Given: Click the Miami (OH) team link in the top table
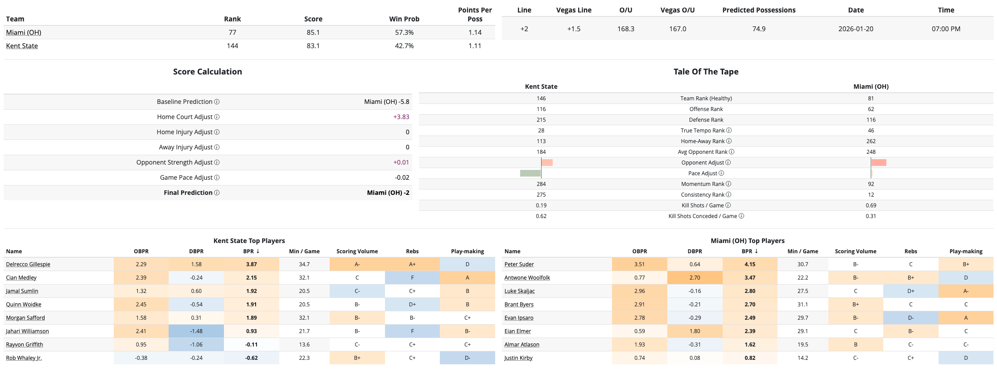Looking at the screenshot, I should [24, 33].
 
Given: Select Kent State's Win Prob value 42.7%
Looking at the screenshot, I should [404, 46].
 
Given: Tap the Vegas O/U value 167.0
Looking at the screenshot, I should [677, 29].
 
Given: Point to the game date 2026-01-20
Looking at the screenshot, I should [856, 29].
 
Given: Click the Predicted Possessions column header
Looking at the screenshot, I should [759, 10].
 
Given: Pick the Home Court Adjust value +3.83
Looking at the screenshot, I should [401, 117].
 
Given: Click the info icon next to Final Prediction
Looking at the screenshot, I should [217, 193].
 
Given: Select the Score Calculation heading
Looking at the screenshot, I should [207, 72].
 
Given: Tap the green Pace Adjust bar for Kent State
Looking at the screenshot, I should [530, 173].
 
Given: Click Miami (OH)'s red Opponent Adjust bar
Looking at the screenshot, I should [879, 162].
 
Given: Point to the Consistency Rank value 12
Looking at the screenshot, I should [871, 195].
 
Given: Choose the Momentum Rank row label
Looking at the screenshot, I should [703, 184].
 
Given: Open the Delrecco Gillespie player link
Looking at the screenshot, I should [28, 264].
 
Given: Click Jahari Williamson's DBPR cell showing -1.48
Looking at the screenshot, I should [196, 331].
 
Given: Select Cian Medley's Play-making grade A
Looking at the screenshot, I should [467, 278].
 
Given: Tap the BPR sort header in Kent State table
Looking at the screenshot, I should [251, 251].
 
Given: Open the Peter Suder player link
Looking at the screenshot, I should [519, 264].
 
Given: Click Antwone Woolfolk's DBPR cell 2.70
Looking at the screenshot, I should [695, 278].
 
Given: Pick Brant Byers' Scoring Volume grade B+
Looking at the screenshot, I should [856, 305].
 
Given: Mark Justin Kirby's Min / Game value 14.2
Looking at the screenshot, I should [803, 358].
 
